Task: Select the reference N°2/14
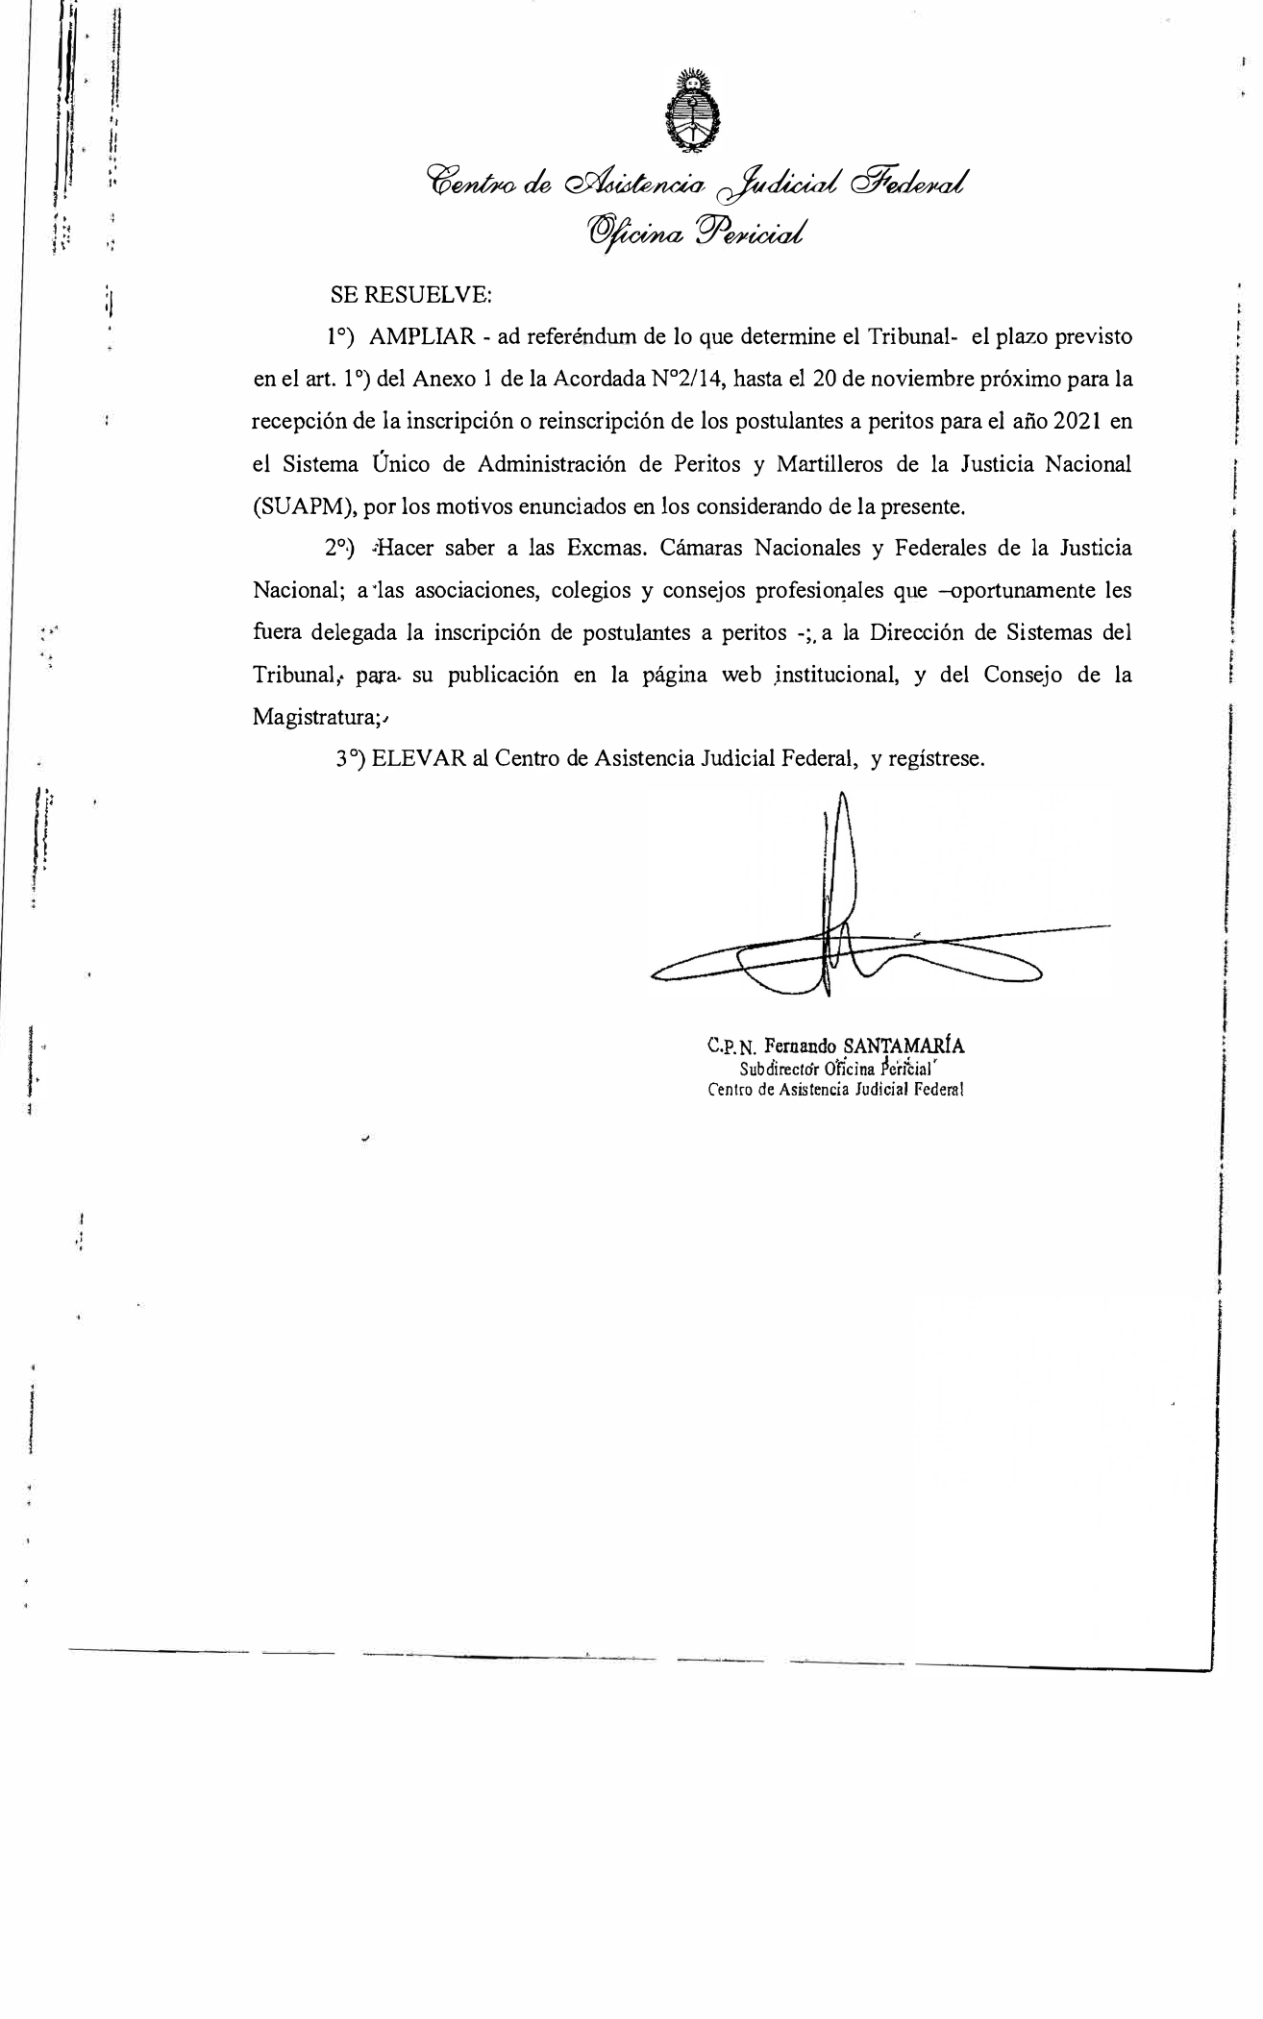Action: click(688, 380)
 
